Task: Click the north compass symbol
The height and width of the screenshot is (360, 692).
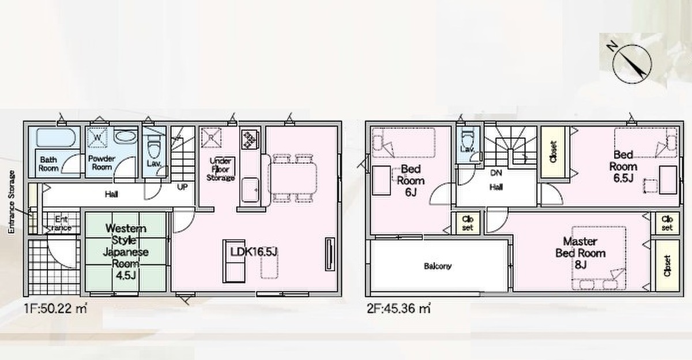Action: (x=632, y=64)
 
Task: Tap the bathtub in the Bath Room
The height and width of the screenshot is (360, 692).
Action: (x=56, y=137)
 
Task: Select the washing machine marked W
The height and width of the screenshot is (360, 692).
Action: (x=97, y=137)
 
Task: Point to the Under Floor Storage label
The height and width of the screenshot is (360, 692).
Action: (x=220, y=170)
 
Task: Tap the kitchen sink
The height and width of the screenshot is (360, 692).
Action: (x=250, y=189)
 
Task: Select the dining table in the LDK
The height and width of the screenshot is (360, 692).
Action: (x=293, y=178)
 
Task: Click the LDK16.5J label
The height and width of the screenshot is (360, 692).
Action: (x=254, y=252)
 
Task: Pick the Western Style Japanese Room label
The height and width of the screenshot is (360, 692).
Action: (x=126, y=252)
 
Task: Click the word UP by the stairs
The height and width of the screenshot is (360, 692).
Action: (x=182, y=187)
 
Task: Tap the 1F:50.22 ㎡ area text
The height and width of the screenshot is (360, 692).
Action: (x=55, y=309)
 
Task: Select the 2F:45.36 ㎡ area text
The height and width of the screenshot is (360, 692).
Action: (x=398, y=309)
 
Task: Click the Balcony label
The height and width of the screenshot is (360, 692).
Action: (x=438, y=266)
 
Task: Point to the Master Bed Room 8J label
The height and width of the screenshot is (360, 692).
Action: (x=581, y=253)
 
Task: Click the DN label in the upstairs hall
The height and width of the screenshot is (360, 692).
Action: (x=496, y=172)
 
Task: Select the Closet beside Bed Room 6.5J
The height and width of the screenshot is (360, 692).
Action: (x=553, y=152)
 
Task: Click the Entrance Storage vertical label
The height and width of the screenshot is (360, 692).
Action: (x=12, y=202)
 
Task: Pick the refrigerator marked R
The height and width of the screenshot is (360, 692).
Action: (x=211, y=137)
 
